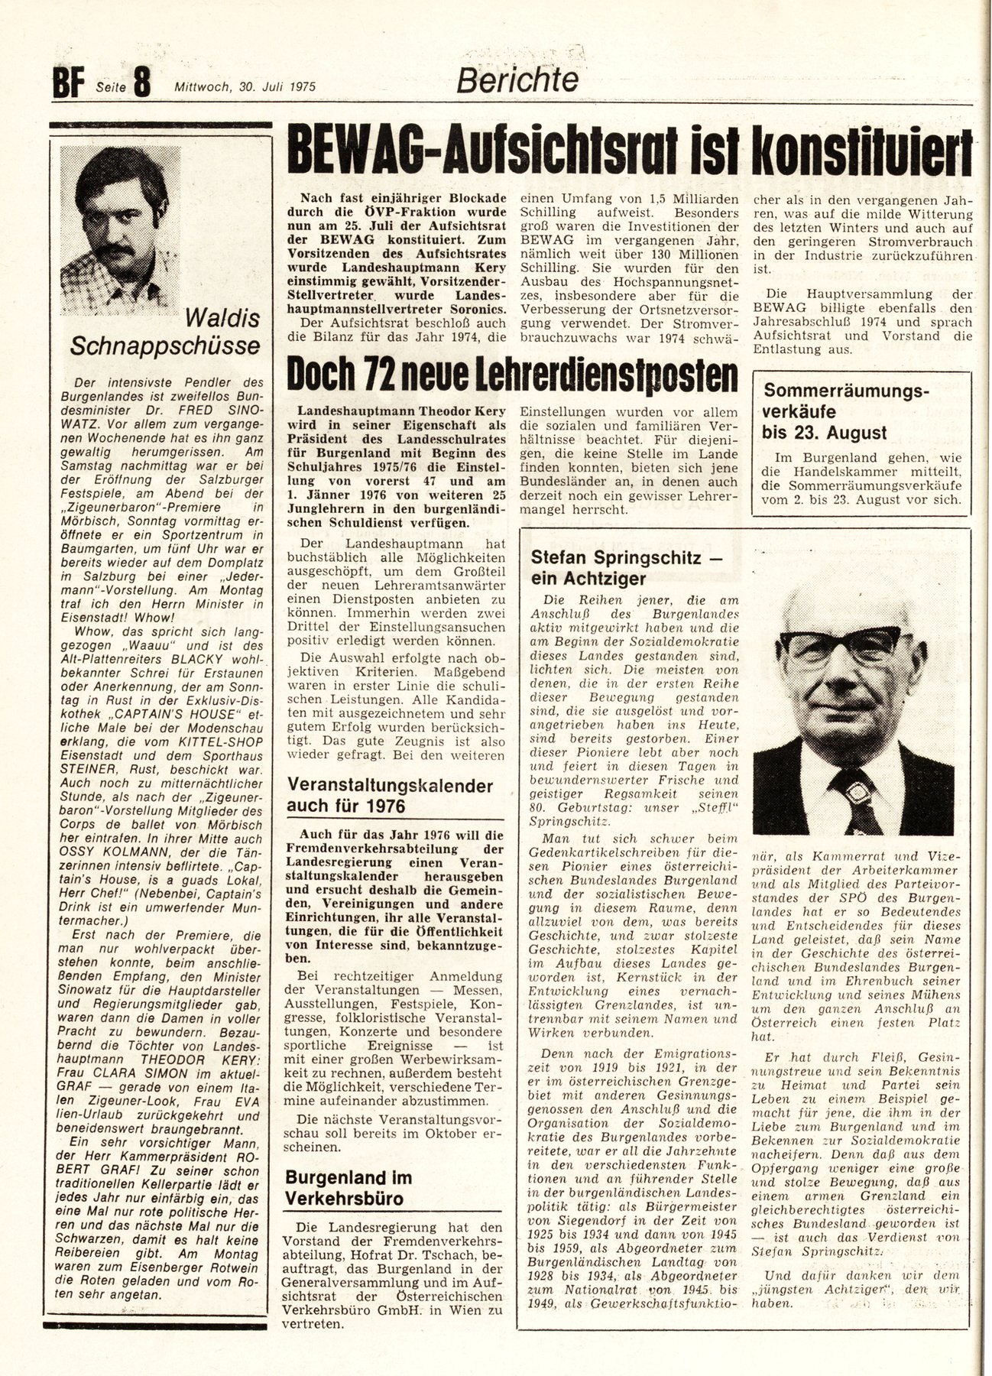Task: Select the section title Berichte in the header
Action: tap(517, 80)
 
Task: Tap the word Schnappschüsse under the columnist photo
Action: tap(164, 346)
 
